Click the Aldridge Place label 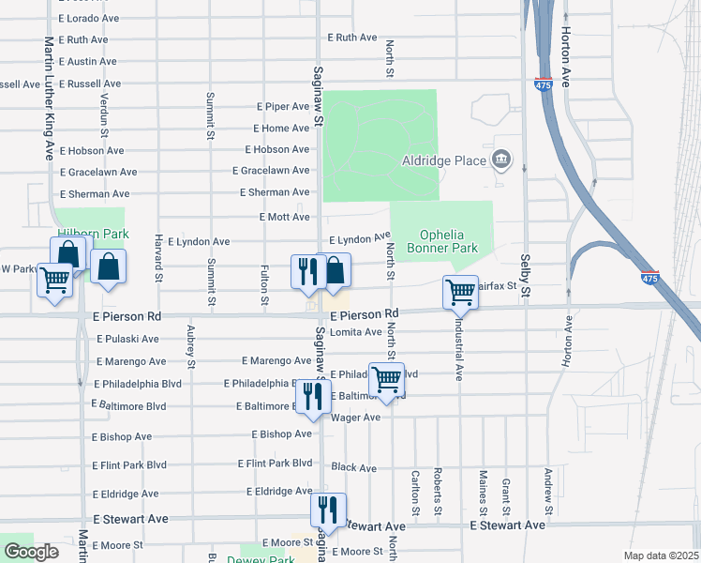coord(444,160)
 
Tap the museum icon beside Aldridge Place coord(501,160)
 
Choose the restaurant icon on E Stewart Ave coord(328,510)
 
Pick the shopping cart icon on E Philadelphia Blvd coord(386,379)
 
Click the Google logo coord(31,551)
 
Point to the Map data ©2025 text coord(661,555)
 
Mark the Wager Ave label coord(356,417)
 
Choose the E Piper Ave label coord(282,107)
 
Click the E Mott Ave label coord(284,217)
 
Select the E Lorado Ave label coord(90,18)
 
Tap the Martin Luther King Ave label coord(49,99)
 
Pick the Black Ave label coord(353,467)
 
